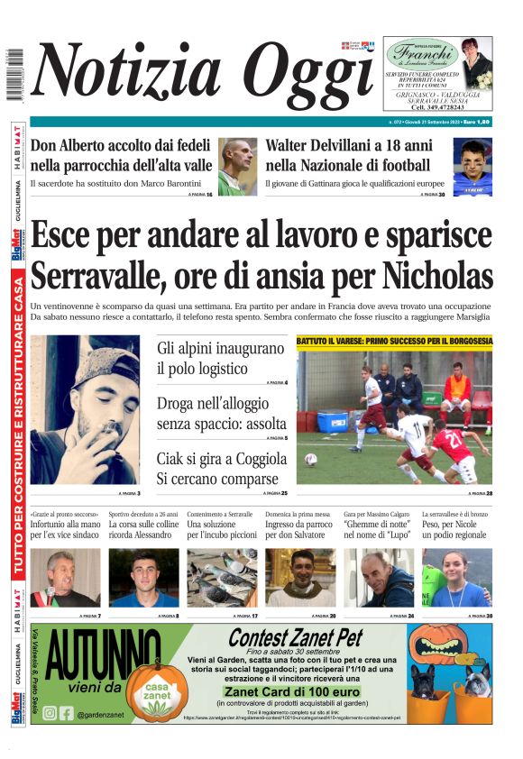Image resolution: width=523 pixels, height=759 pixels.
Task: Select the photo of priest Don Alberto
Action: coord(237,166)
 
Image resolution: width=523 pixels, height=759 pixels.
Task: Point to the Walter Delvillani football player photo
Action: coord(472,167)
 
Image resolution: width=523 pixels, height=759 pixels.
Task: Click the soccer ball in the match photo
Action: coord(310,459)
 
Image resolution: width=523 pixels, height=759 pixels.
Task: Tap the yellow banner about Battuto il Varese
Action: coord(394,342)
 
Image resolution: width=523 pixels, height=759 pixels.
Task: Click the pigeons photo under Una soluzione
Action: coord(222,578)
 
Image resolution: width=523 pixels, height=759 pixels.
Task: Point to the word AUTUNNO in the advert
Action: coord(103,658)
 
